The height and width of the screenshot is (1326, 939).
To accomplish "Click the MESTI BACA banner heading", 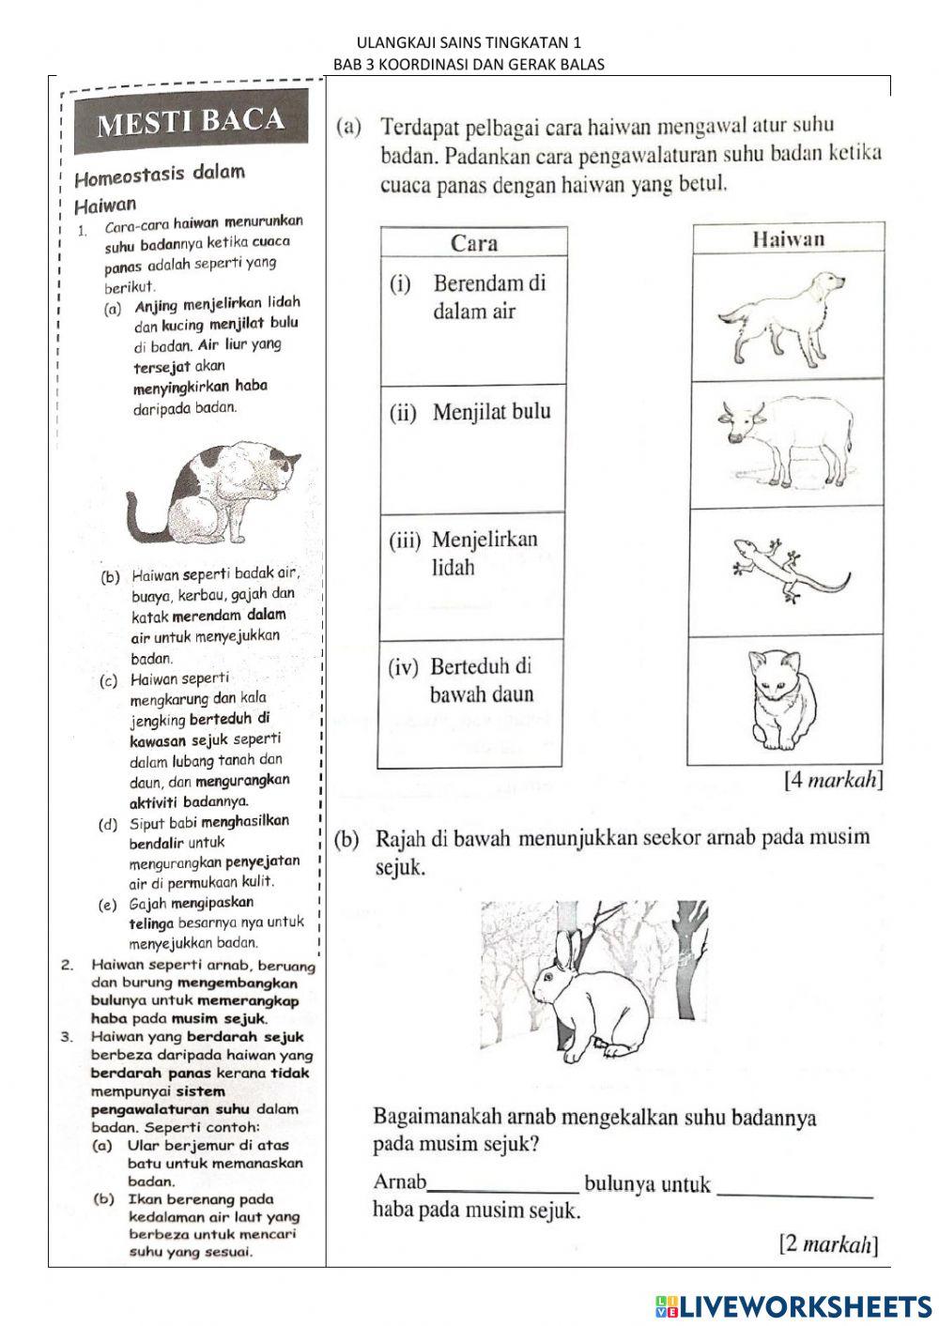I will coord(191,121).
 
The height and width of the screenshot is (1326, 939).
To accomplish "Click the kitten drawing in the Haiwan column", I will coord(784,697).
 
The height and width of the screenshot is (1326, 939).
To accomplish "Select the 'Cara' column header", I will coord(474,243).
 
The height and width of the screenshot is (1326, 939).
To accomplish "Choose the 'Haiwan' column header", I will coord(789,238).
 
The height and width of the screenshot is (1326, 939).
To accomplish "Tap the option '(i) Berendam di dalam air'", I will coord(474,297).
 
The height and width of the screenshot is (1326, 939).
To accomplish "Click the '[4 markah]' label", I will coord(833,781).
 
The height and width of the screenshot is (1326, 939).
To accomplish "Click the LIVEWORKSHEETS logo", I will coord(793,1305).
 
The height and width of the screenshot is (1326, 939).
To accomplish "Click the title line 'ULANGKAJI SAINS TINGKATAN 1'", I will coord(469,43).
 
